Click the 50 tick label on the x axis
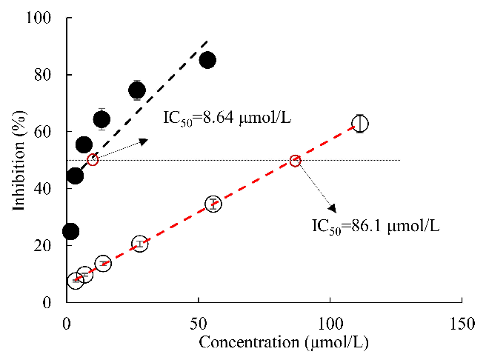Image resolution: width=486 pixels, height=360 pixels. [x=199, y=323]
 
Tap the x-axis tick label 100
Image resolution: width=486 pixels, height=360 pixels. [x=330, y=323]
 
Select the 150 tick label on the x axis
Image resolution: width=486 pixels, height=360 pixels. [x=462, y=323]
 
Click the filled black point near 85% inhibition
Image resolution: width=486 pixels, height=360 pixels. [x=207, y=60]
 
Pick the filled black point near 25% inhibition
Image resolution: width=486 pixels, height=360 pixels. [x=70, y=231]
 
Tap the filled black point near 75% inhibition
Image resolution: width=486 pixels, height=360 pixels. [x=137, y=90]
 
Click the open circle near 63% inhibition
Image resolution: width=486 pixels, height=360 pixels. [x=360, y=124]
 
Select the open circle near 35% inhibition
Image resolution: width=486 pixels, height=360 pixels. [x=213, y=204]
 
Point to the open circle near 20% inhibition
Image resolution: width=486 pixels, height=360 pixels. [x=140, y=244]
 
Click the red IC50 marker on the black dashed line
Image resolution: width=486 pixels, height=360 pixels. [x=93, y=160]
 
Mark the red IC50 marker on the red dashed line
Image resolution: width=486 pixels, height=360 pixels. [x=295, y=161]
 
